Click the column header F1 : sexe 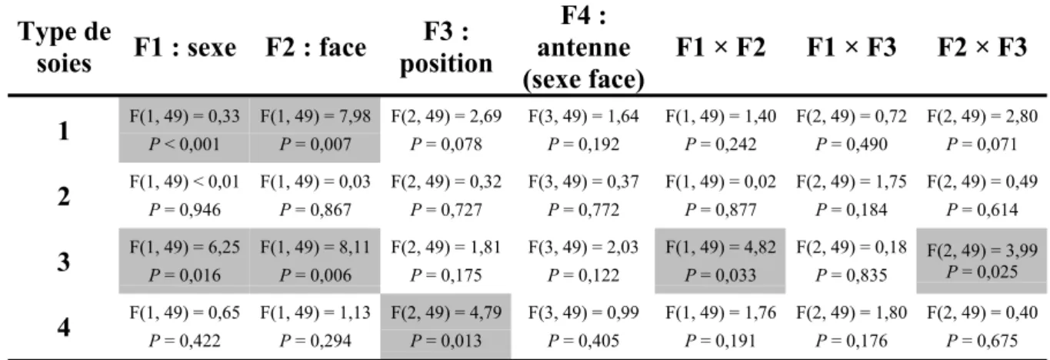[185, 48]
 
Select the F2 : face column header [316, 48]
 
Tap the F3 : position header [446, 47]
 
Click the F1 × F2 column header [721, 48]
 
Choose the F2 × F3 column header [982, 48]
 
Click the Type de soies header [64, 48]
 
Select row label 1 [64, 131]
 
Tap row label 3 [64, 262]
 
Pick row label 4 [64, 327]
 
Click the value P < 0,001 [185, 144]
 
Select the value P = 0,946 [185, 209]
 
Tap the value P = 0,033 [721, 275]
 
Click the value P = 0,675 [982, 341]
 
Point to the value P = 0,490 [852, 144]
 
